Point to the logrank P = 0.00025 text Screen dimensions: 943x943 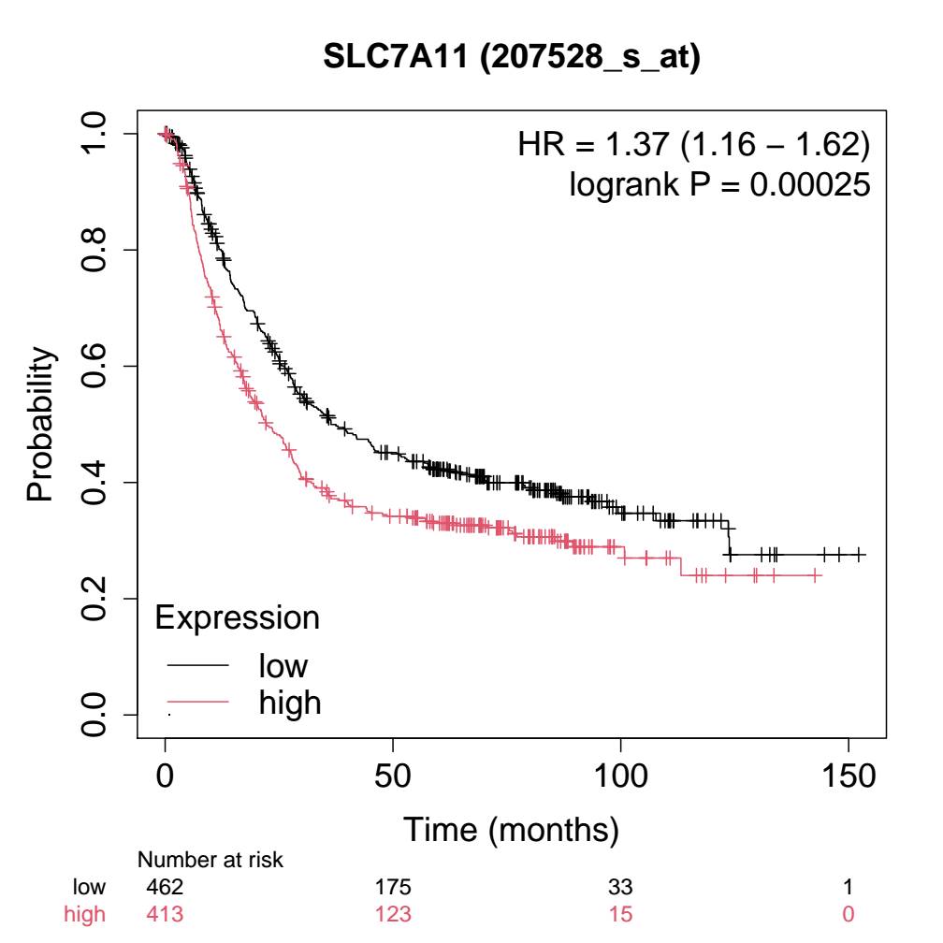[x=719, y=185]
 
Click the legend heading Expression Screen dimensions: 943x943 [x=237, y=617]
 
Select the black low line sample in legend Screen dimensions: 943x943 [x=197, y=666]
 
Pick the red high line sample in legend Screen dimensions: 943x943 [x=197, y=702]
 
